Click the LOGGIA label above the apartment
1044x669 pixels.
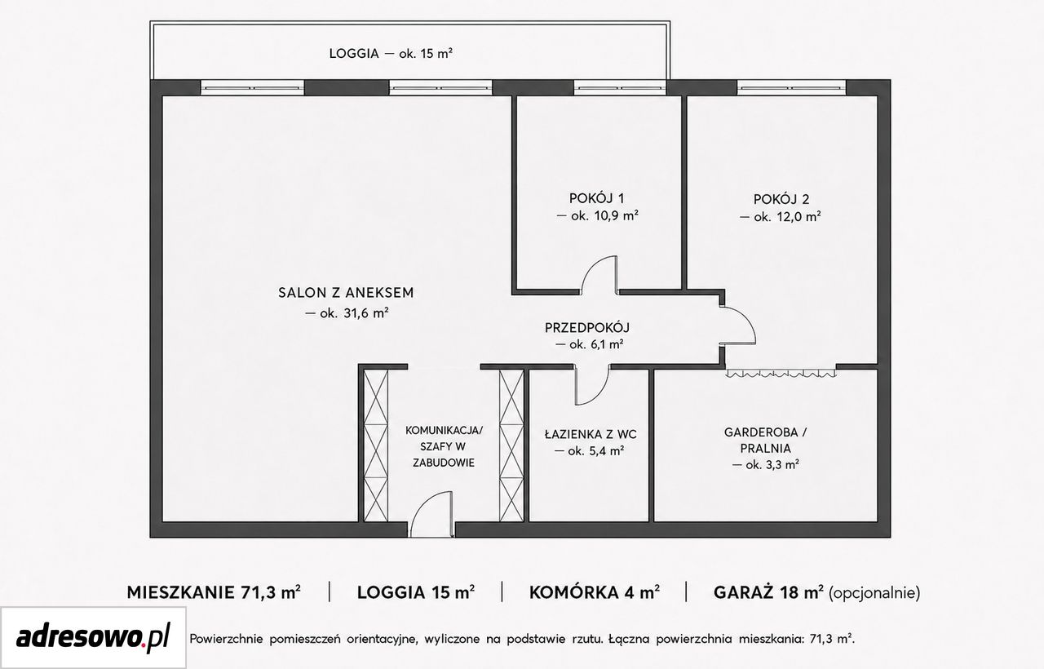354,54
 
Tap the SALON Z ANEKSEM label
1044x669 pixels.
346,293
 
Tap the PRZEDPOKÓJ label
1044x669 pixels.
587,328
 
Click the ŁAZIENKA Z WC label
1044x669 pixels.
591,435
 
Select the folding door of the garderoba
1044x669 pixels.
781,373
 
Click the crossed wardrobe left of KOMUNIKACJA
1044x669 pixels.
376,445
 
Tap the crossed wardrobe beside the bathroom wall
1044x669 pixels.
511,445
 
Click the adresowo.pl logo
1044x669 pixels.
93,637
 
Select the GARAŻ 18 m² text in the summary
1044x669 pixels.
768,592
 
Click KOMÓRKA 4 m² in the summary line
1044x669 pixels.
595,592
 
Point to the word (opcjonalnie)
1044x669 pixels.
874,593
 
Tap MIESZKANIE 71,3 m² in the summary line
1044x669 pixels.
214,592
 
